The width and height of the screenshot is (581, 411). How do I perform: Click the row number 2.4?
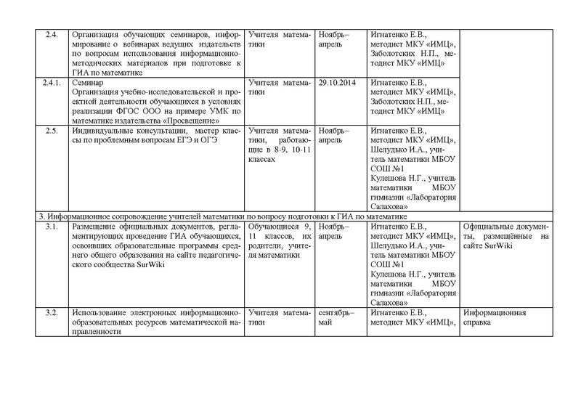click(x=51, y=34)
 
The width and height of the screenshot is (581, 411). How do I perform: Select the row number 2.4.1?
click(x=51, y=84)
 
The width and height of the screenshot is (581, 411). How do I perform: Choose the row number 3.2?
click(x=51, y=313)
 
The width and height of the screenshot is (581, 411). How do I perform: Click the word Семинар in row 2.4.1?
click(x=87, y=84)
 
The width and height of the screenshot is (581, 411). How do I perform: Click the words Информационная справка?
click(x=494, y=317)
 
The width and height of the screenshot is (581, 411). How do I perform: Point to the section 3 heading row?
click(x=218, y=217)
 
